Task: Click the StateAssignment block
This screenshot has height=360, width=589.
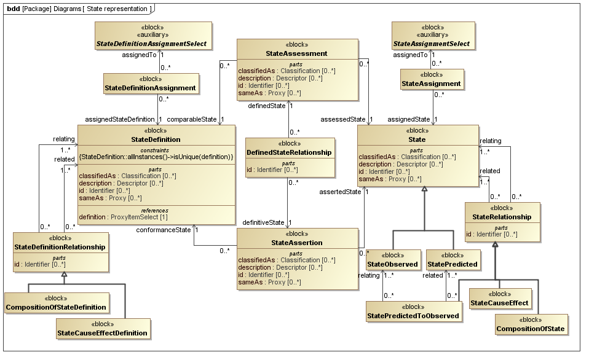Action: point(431,80)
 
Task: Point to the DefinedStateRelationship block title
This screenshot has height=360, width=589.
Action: point(290,152)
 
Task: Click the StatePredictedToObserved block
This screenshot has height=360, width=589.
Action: point(413,311)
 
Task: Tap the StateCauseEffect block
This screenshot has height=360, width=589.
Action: point(500,299)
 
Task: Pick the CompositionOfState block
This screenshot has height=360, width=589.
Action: point(530,325)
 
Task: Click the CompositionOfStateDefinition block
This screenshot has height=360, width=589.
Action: point(56,303)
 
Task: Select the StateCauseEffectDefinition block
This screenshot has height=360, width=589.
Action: point(102,329)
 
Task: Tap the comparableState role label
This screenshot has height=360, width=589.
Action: point(192,119)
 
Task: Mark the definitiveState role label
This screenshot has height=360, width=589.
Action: point(263,222)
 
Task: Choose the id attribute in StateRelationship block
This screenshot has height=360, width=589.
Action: point(491,234)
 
